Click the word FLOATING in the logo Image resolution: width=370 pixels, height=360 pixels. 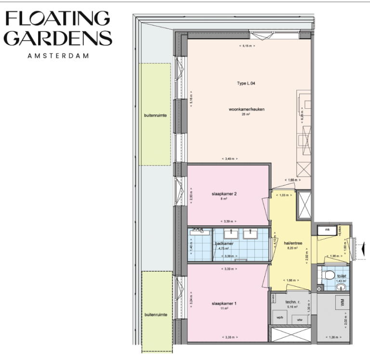pos(57,18)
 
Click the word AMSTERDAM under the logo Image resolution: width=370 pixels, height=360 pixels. pos(58,55)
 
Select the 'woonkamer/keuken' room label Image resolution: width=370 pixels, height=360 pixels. pos(247,109)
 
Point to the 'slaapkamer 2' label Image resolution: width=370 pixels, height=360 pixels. pos(224,194)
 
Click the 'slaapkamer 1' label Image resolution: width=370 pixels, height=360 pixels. pos(224,304)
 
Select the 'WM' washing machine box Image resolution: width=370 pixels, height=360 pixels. pos(342,303)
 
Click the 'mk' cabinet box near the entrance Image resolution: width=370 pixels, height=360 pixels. pos(327,230)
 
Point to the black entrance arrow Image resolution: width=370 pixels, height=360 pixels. pos(362,249)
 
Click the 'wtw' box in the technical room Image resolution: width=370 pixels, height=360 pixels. pos(300,319)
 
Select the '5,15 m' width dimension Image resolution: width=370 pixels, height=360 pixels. pos(247,46)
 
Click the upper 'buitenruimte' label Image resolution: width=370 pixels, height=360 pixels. pos(155,116)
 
